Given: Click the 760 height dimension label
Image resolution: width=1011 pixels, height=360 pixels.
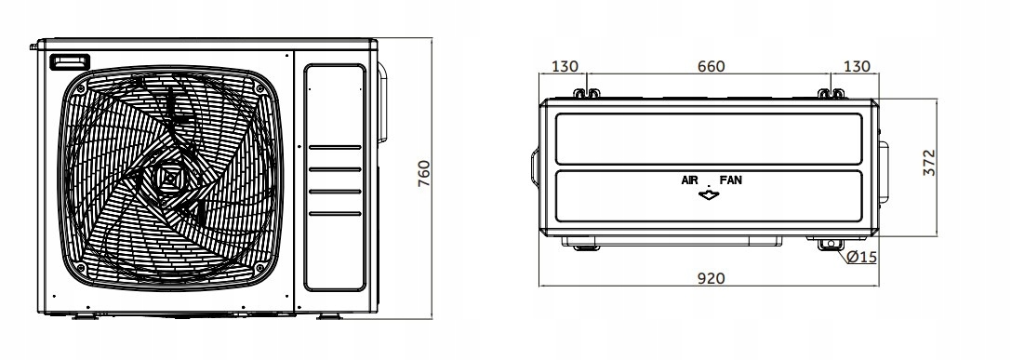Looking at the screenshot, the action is point(423,174).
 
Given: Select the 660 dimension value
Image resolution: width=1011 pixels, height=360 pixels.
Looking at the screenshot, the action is point(712,66).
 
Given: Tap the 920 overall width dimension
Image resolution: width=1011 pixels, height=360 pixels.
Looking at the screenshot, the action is point(712,278).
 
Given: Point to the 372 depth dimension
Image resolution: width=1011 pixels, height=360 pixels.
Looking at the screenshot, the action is point(928,163).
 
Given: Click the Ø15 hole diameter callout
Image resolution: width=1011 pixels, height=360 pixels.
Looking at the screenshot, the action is point(862,257).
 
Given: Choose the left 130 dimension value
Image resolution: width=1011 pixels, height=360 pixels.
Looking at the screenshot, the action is point(565,66).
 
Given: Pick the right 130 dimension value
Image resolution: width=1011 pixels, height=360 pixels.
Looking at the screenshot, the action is point(857,66).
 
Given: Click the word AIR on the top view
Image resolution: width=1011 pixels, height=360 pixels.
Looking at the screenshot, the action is point(690,180).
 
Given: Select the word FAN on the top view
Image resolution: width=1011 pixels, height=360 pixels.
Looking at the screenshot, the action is point(730,180).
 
